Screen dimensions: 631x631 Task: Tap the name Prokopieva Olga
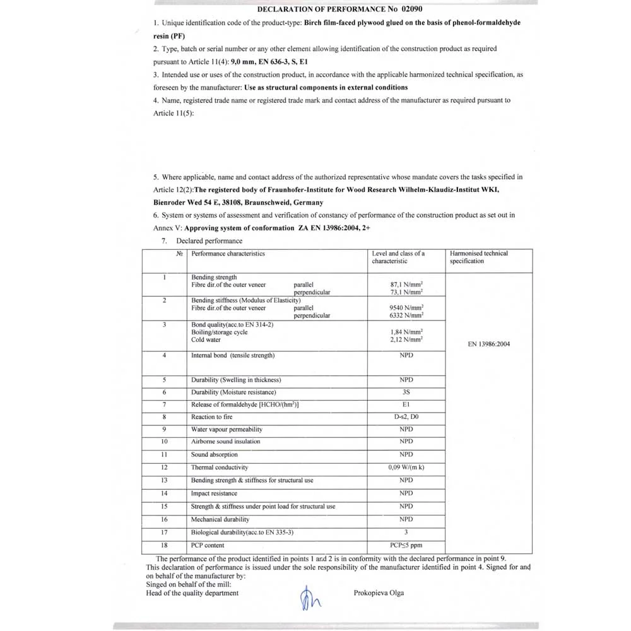pos(379,593)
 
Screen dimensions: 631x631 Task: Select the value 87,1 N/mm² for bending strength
pos(406,285)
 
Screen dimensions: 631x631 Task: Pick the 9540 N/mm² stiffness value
pos(406,308)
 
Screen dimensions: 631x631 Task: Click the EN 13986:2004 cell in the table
pos(488,344)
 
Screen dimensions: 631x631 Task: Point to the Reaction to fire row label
pos(211,417)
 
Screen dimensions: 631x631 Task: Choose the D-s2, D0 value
pos(406,417)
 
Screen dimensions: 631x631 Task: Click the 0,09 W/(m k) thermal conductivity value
pos(406,468)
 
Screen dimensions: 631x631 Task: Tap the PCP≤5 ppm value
pos(406,545)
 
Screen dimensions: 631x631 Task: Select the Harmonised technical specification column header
pos(478,257)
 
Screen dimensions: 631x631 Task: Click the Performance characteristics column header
pos(228,254)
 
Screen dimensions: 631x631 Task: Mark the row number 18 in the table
pos(164,545)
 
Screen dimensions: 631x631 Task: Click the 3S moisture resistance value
pos(406,392)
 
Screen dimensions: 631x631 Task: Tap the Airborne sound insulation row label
pos(225,442)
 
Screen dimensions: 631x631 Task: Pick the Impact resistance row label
pos(214,493)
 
